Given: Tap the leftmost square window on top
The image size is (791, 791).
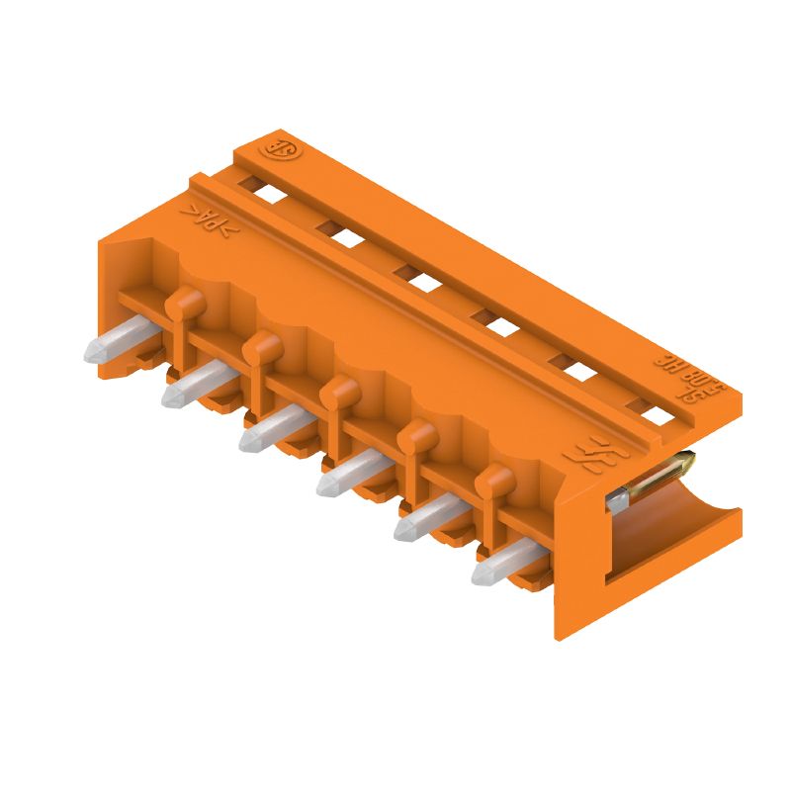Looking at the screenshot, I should (270, 192).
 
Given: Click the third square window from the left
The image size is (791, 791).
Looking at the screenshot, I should (423, 280).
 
